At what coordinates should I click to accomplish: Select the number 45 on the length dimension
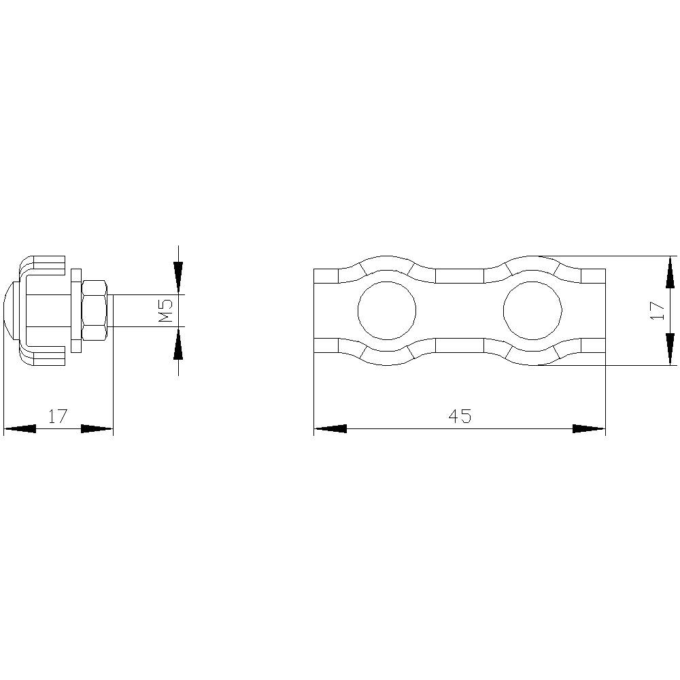[460, 416]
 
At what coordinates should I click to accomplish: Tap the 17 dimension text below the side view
[58, 416]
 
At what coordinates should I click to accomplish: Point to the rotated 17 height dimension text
[657, 310]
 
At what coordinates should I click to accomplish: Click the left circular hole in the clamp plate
[386, 311]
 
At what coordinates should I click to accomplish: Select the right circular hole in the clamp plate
[532, 311]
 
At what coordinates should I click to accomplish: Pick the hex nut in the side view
[95, 310]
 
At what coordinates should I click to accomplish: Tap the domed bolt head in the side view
[11, 310]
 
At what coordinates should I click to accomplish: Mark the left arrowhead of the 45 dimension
[330, 429]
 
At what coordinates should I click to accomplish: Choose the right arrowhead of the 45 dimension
[589, 429]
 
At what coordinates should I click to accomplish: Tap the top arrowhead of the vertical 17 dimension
[670, 272]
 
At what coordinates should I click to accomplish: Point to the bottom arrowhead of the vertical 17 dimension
[670, 349]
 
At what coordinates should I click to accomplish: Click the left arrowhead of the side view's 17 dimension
[20, 429]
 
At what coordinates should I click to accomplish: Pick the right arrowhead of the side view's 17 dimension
[97, 429]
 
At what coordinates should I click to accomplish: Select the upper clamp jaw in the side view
[44, 265]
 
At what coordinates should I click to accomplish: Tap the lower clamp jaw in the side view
[44, 356]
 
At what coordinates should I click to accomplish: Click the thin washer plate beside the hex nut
[75, 310]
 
